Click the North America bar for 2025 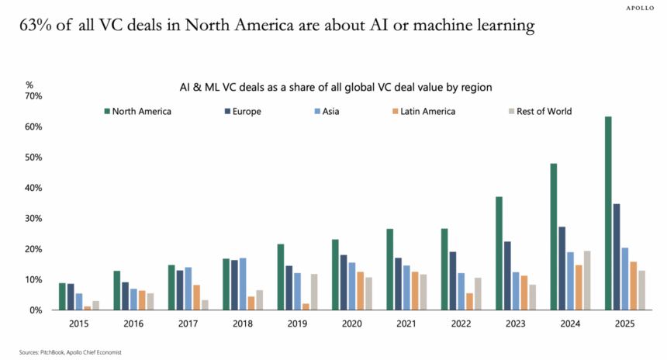pos(608,213)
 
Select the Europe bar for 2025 pos(617,257)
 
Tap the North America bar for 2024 pos(554,237)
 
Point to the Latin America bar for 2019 pos(306,306)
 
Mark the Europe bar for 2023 pos(508,275)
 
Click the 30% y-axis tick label pos(33,219)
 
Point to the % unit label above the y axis pos(29,85)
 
